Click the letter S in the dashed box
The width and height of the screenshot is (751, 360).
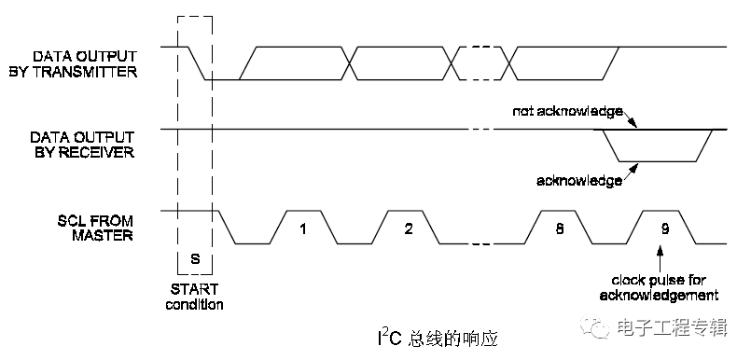coord(194,256)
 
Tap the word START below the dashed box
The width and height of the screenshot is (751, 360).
coord(195,289)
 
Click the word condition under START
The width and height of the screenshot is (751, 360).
coord(195,304)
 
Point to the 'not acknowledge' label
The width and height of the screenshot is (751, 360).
coord(566,113)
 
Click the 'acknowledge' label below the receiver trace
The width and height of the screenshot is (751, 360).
coord(579,181)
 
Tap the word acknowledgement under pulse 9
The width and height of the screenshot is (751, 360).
coord(664,296)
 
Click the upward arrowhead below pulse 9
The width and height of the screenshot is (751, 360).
coord(662,249)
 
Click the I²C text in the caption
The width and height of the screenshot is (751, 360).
coord(377,332)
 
